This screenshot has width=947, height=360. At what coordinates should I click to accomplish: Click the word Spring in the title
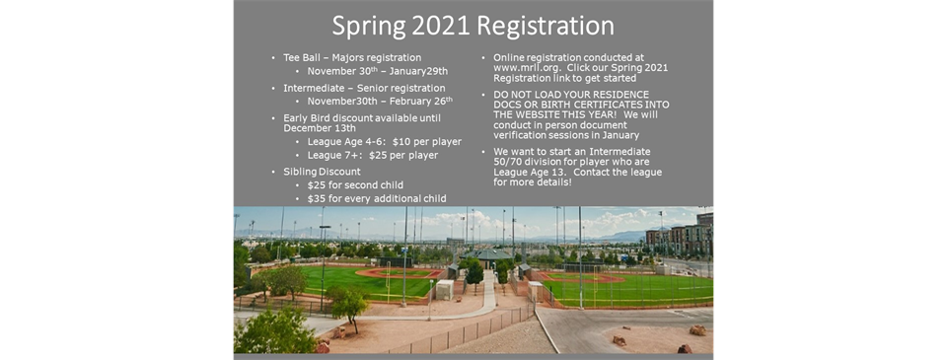377,25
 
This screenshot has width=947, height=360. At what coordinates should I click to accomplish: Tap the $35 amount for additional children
318,198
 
